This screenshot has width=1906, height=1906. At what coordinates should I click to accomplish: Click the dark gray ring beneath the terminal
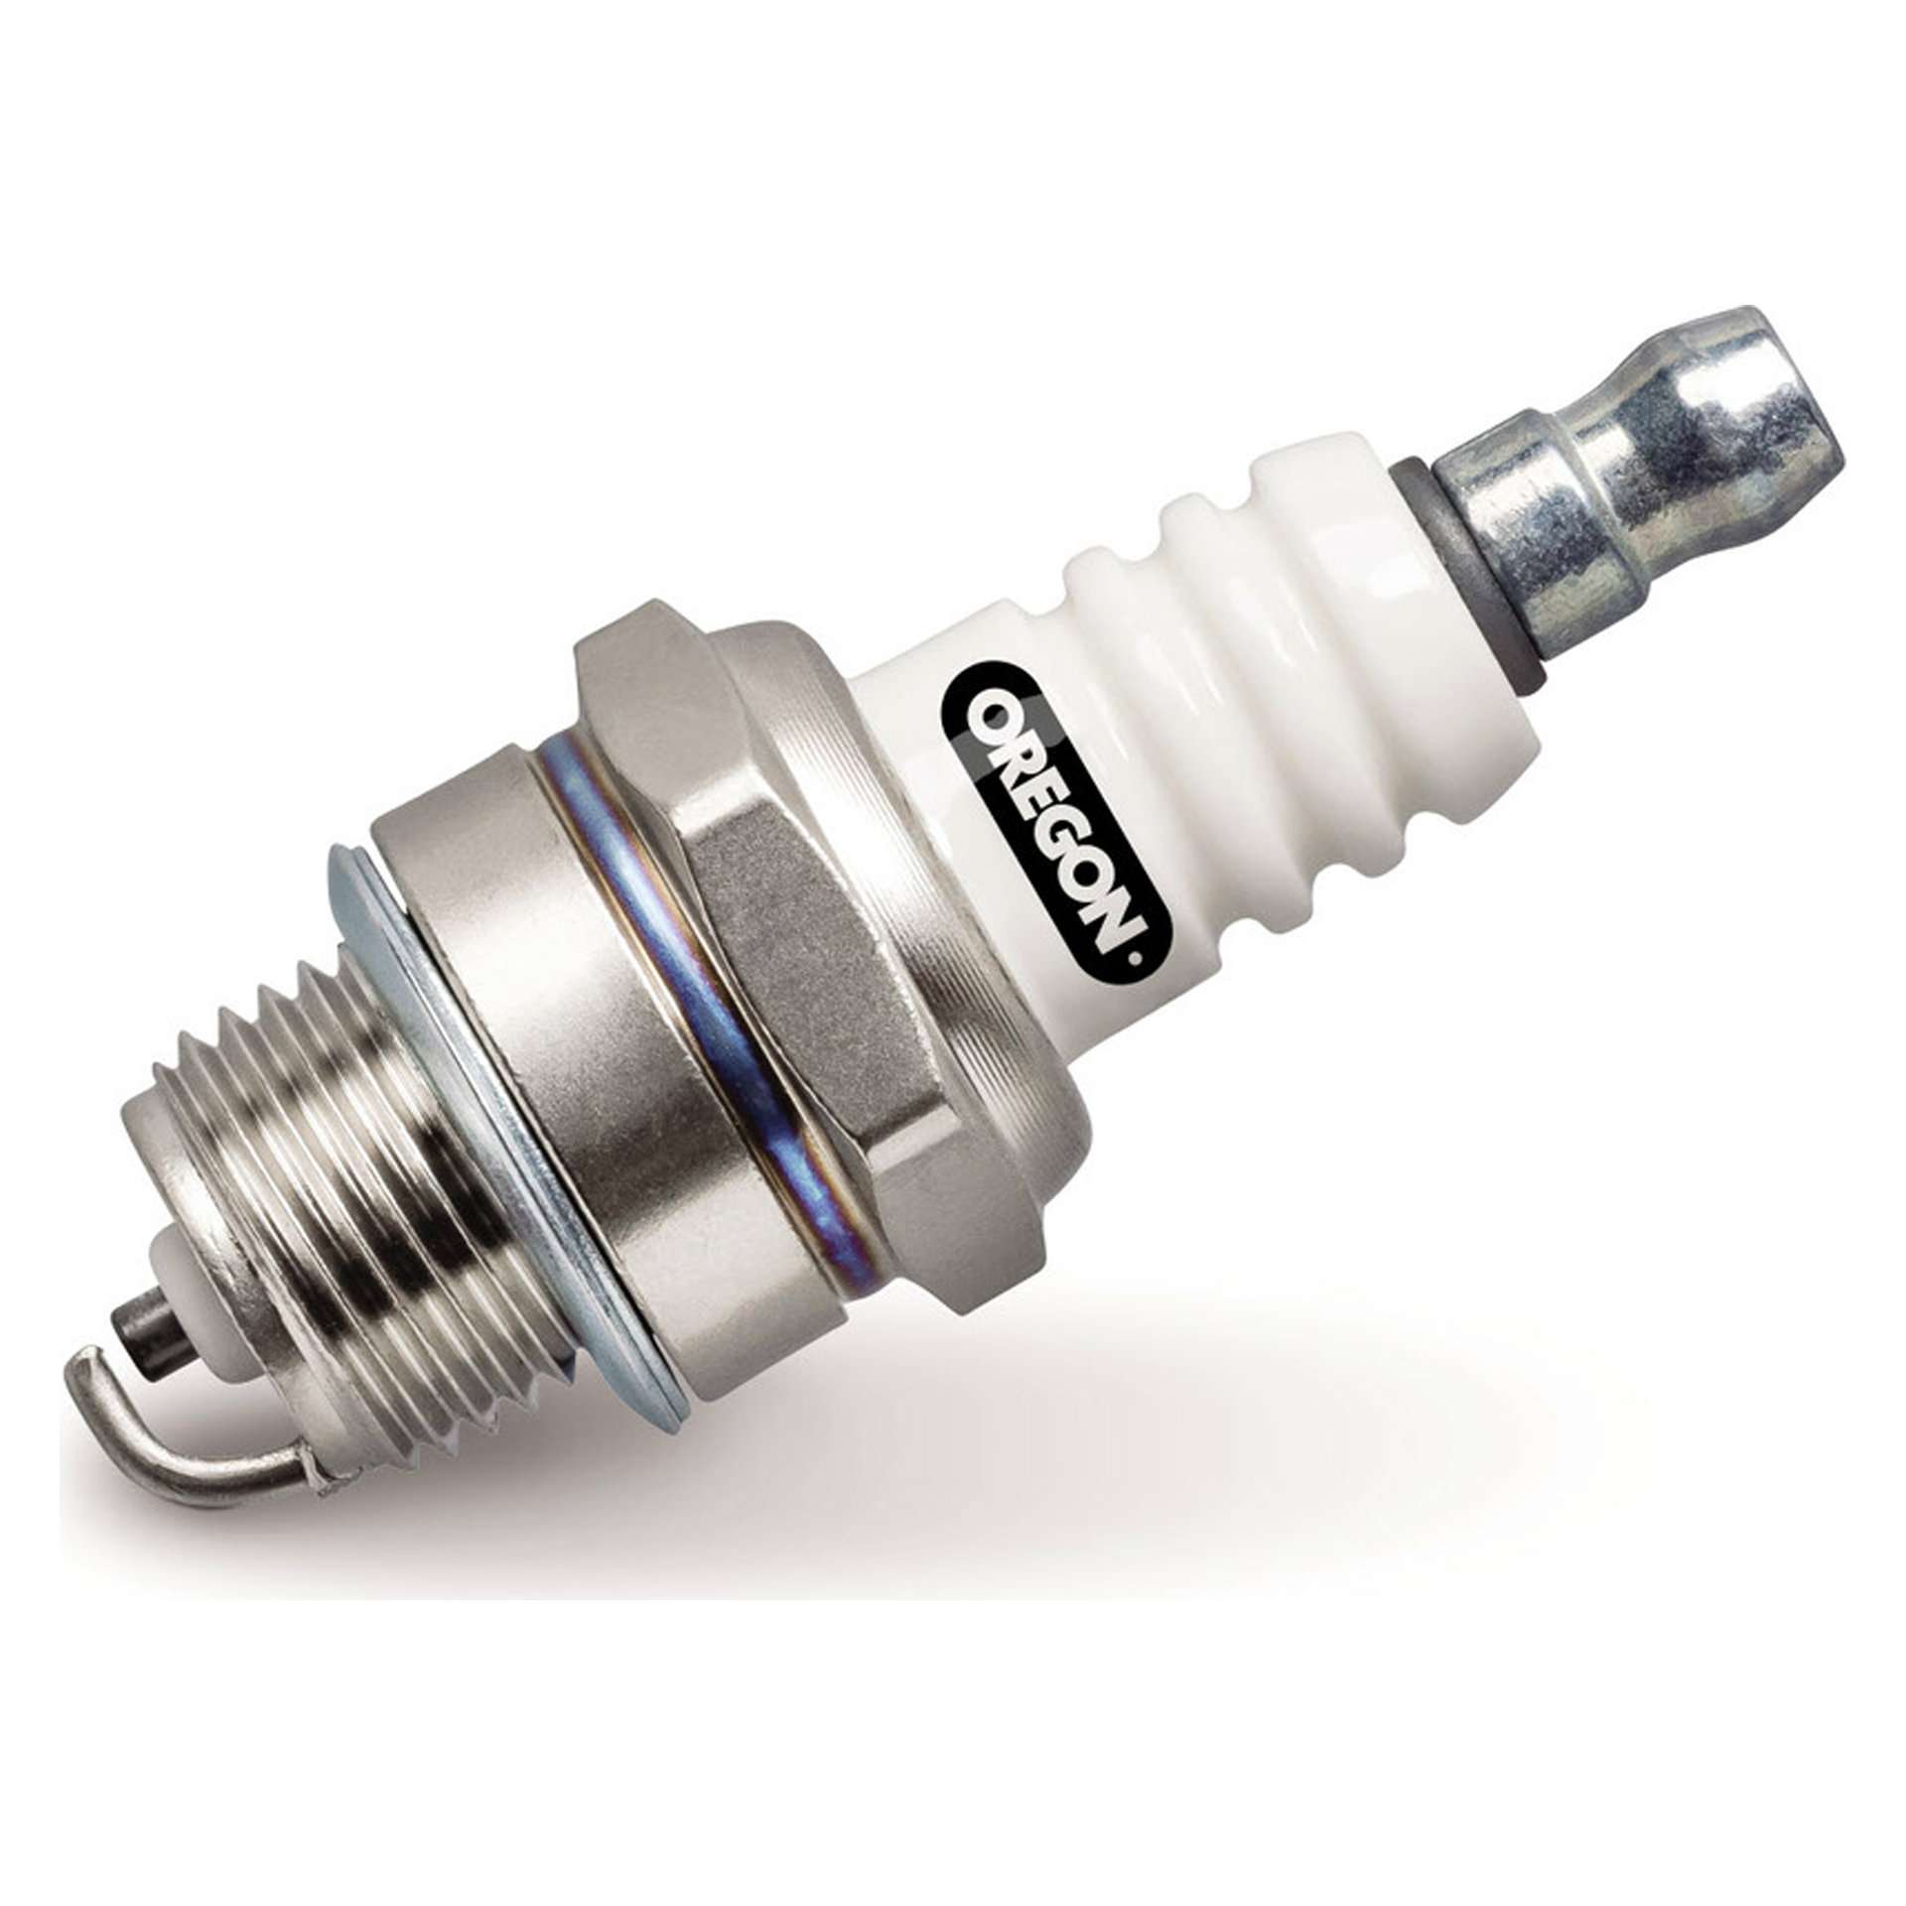1459,576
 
